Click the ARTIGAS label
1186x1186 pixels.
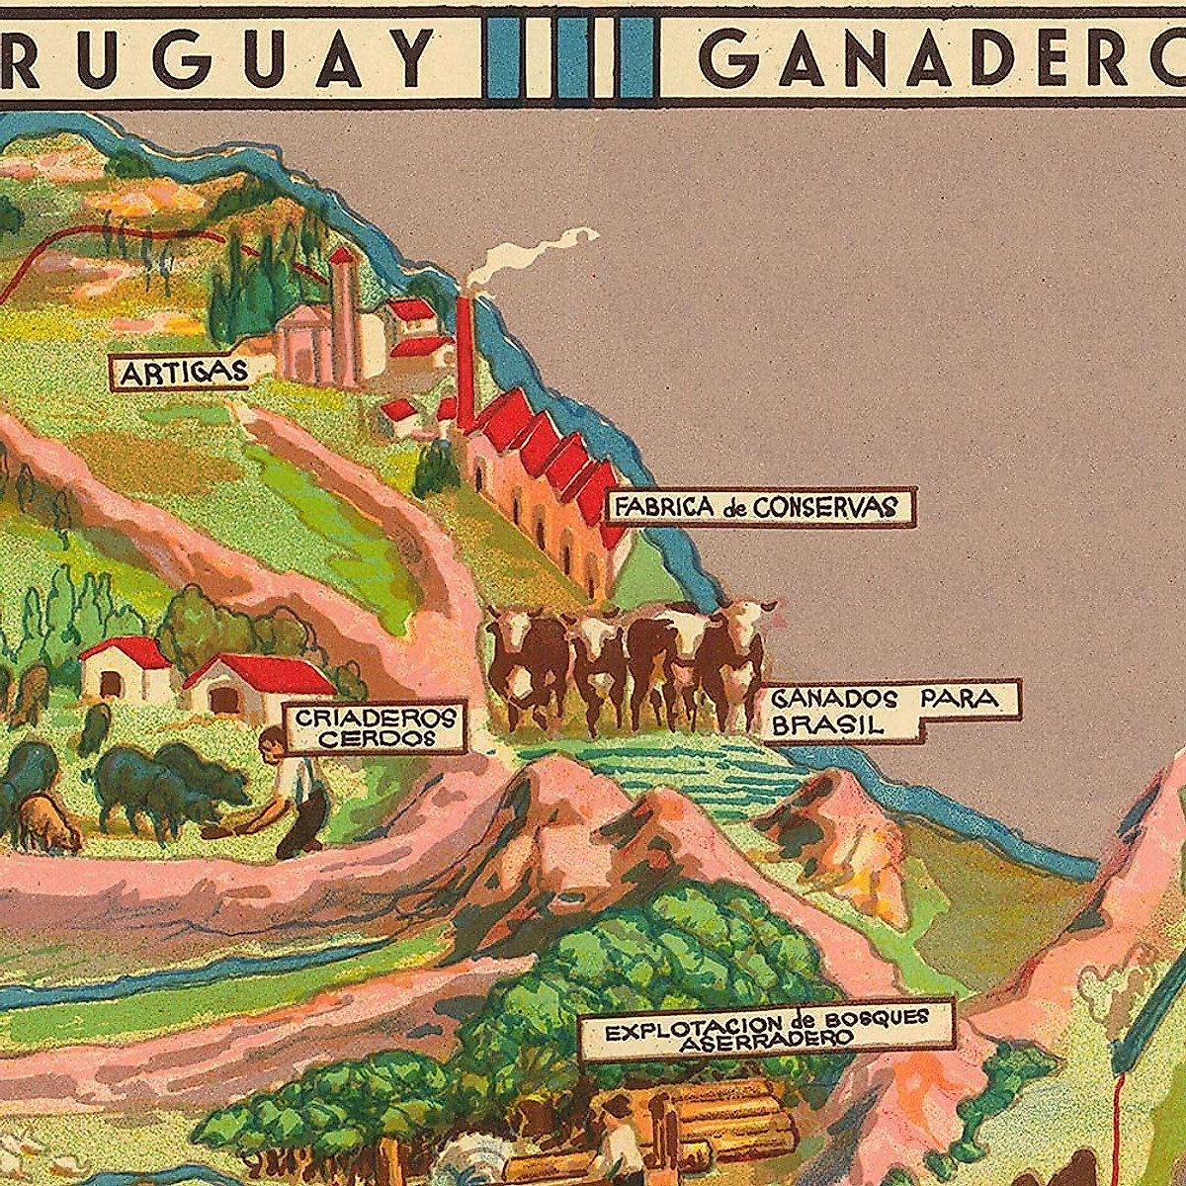pos(181,373)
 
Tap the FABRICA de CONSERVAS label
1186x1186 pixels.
pos(757,507)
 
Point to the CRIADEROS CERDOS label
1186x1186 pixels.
pos(376,726)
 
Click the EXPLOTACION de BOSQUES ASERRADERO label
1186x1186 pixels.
pos(766,1028)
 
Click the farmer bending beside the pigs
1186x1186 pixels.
pos(292,791)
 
